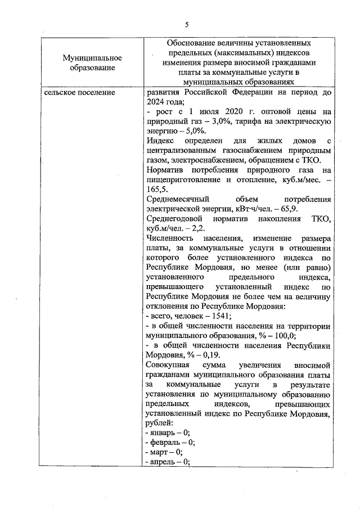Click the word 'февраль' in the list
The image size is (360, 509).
pyautogui.click(x=164, y=442)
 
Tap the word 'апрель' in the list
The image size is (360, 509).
pyautogui.click(x=162, y=462)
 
